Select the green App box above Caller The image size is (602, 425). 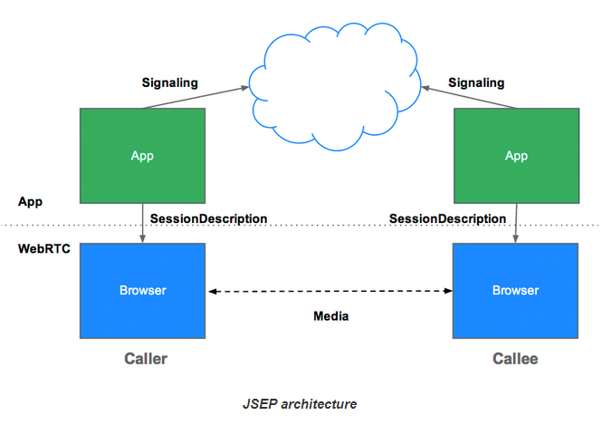(142, 155)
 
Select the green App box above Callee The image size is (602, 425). (516, 155)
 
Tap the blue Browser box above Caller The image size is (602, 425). (142, 291)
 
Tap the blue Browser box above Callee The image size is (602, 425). (515, 291)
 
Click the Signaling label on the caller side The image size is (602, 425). (169, 83)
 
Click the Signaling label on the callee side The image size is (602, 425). (476, 83)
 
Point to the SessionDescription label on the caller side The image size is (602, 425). (208, 218)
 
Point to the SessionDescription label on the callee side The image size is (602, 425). (447, 218)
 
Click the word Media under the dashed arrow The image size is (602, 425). (330, 316)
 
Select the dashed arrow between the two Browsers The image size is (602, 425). (330, 291)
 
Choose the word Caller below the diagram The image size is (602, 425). (145, 359)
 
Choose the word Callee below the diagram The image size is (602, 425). (515, 359)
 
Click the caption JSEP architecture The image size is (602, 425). (300, 403)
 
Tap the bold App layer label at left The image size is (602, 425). (30, 200)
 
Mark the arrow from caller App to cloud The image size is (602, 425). (195, 98)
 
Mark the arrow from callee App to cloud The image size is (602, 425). (471, 96)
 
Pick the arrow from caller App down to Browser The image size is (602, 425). (142, 223)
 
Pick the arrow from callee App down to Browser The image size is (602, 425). (516, 223)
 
